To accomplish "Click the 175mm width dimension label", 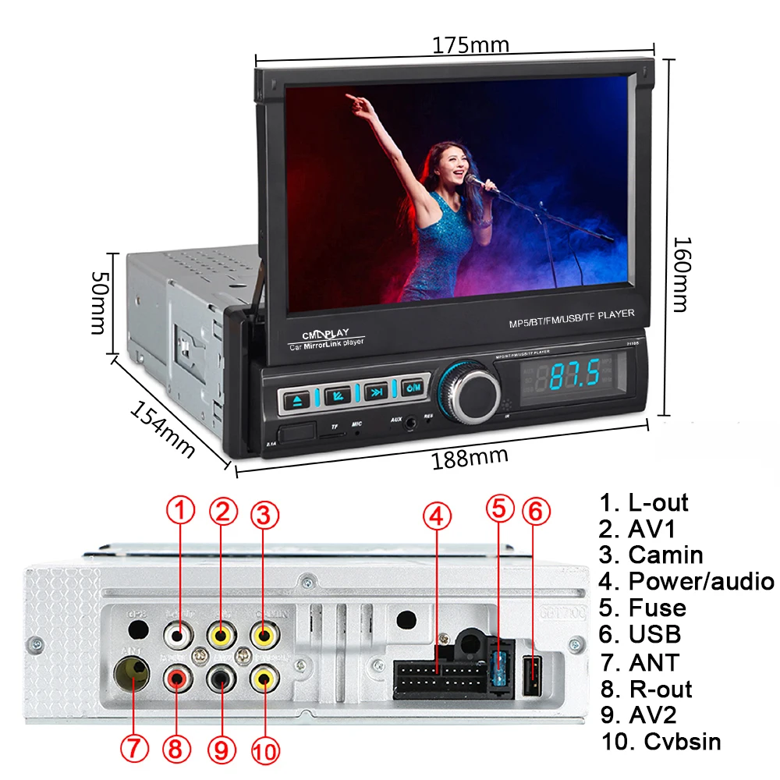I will point(470,45).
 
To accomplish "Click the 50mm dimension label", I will point(99,303).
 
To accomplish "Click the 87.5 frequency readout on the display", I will point(574,376).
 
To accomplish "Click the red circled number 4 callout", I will point(437,515).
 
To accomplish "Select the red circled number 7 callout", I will point(133,750).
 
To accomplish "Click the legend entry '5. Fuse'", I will point(643,608).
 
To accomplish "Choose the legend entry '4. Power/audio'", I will point(686,581).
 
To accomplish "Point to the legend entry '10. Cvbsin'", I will point(661,741).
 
